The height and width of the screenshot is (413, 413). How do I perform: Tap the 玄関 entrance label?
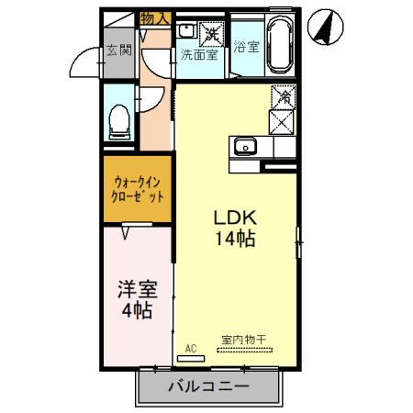click(x=117, y=49)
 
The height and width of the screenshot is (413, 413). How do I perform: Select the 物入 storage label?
click(x=155, y=17)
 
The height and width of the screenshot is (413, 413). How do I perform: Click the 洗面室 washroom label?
click(x=198, y=53)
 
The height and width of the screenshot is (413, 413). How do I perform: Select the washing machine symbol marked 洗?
click(x=212, y=33)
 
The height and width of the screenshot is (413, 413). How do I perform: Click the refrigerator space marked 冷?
click(x=285, y=95)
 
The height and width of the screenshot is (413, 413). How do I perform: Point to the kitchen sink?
click(x=246, y=147)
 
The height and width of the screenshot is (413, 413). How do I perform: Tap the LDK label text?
click(x=234, y=218)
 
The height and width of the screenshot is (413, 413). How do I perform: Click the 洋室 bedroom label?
click(x=136, y=291)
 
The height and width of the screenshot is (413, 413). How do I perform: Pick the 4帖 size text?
click(x=136, y=311)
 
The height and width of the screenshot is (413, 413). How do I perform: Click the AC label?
click(x=191, y=349)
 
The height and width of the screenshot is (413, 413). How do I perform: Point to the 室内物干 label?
click(x=243, y=340)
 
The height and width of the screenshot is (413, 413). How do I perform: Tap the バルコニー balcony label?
click(x=208, y=387)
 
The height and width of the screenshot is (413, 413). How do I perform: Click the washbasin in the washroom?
click(x=186, y=30)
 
